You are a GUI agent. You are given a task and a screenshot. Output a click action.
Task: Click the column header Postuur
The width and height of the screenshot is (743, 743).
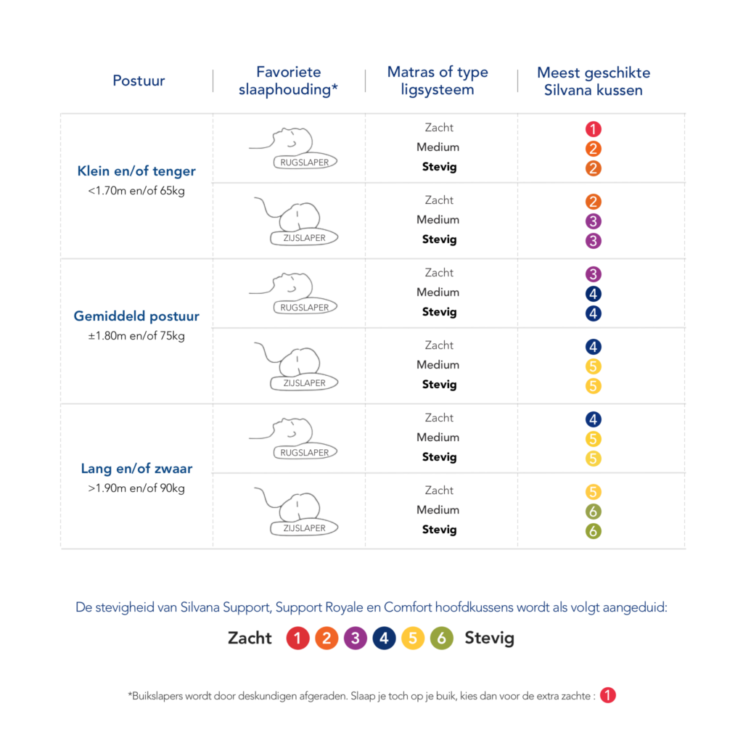pyautogui.click(x=139, y=81)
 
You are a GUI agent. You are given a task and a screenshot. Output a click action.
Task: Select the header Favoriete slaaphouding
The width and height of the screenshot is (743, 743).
pyautogui.click(x=289, y=81)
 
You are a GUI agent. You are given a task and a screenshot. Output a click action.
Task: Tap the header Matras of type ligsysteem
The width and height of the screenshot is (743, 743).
pyautogui.click(x=438, y=81)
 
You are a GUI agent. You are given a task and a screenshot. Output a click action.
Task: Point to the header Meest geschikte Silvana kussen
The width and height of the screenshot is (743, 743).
pyautogui.click(x=594, y=81)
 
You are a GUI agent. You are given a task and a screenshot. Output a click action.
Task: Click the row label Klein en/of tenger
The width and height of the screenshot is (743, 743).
pyautogui.click(x=136, y=172)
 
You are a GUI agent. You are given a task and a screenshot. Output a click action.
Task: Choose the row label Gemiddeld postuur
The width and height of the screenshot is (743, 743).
pyautogui.click(x=136, y=317)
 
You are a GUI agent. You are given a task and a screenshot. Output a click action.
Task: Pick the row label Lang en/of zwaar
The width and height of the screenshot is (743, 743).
pyautogui.click(x=136, y=469)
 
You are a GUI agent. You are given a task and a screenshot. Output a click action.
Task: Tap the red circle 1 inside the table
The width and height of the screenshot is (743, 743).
pyautogui.click(x=594, y=130)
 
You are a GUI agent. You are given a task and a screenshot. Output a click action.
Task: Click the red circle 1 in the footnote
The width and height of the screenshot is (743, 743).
pyautogui.click(x=608, y=695)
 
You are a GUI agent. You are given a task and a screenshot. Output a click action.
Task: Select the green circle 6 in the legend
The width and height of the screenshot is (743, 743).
pyautogui.click(x=441, y=639)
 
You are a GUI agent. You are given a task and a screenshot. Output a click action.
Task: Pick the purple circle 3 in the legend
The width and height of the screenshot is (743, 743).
pyautogui.click(x=356, y=639)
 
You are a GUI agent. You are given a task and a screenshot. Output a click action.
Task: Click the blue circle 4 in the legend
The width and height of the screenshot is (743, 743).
pyautogui.click(x=385, y=639)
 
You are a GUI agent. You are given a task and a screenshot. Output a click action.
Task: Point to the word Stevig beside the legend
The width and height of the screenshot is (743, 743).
pyautogui.click(x=490, y=639)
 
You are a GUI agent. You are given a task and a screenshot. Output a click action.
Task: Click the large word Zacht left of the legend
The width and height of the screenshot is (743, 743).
pyautogui.click(x=250, y=639)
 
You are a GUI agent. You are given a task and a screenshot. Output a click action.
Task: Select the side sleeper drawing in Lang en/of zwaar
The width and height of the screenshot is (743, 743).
pyautogui.click(x=294, y=512)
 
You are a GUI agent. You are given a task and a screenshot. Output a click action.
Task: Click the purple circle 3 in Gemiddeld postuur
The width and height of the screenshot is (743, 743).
pyautogui.click(x=594, y=275)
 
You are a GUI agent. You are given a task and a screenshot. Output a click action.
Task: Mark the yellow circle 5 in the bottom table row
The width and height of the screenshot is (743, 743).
pyautogui.click(x=594, y=493)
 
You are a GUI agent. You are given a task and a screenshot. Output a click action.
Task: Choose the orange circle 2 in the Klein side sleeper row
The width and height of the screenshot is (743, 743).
pyautogui.click(x=594, y=202)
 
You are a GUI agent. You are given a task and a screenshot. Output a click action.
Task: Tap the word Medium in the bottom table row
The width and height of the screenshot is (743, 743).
pyautogui.click(x=438, y=510)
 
